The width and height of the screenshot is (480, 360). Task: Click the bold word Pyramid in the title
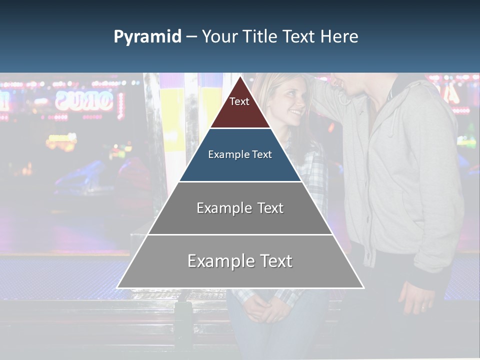[x=147, y=37]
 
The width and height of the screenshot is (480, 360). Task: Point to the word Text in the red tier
[x=239, y=101]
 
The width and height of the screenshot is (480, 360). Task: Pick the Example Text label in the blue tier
[x=240, y=154]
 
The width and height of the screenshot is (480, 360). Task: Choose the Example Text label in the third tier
[x=240, y=208]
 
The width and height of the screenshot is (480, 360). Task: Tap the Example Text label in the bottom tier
[x=240, y=261]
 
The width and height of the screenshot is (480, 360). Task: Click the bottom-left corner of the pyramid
[x=118, y=287]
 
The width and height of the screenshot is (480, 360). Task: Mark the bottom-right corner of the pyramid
[x=363, y=287]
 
